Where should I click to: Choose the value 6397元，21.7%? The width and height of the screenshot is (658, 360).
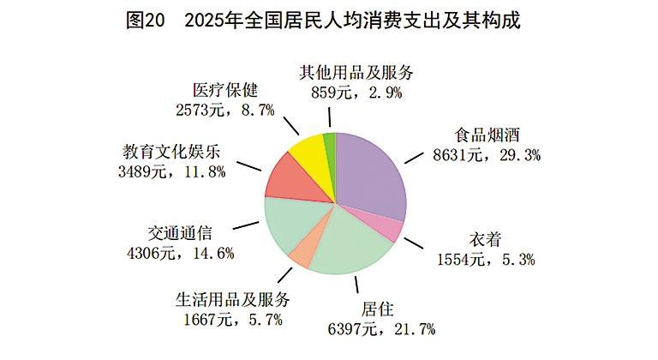pos(377,329)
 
